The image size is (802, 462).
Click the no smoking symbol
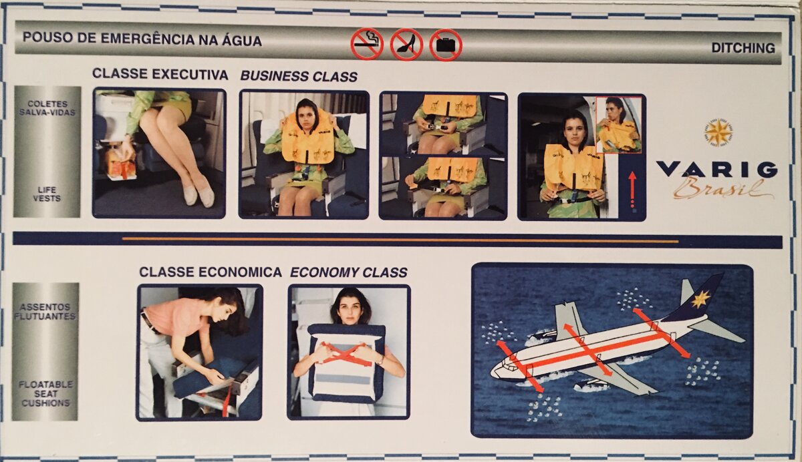pos(367,44)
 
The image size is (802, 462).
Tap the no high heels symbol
pos(407,45)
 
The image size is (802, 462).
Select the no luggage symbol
pos(446,45)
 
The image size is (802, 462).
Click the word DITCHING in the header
pos(743,48)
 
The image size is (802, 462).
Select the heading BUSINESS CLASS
pos(299,77)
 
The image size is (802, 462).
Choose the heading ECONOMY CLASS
pos(349,272)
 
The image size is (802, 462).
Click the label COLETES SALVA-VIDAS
pos(47,108)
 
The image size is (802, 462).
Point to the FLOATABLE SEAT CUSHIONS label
pos(46,394)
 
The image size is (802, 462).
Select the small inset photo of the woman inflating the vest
pos(619,125)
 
